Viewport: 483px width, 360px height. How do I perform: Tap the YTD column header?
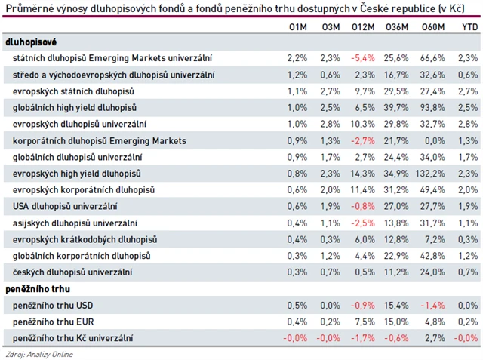[x=469, y=27]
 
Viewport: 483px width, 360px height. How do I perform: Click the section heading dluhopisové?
[x=31, y=42]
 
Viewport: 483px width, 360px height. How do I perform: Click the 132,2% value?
[x=429, y=174]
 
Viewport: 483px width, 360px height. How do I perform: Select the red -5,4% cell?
[x=363, y=58]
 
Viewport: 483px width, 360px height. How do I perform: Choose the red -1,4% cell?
[x=430, y=305]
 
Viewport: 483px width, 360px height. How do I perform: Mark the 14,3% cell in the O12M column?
[x=364, y=174]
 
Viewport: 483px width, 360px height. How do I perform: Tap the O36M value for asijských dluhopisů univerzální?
[x=397, y=223]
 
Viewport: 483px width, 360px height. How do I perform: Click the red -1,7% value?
[x=363, y=338]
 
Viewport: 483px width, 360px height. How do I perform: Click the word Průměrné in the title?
[x=26, y=8]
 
